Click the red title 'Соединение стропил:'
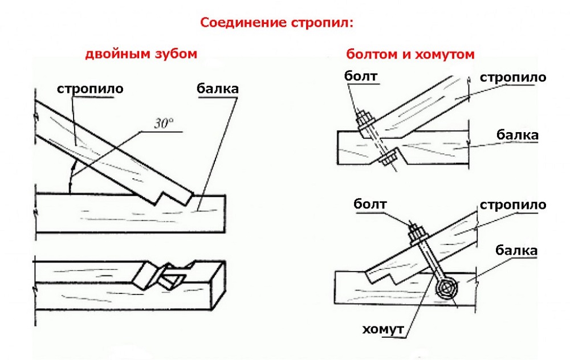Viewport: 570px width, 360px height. pos(276,23)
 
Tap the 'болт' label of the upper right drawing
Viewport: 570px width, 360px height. pos(362,76)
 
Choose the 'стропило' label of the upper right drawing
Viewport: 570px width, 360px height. pos(513,77)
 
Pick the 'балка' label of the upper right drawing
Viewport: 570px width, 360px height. pos(517,135)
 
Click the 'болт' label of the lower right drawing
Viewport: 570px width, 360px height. pos(370,203)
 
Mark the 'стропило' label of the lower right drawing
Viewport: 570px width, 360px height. pos(513,204)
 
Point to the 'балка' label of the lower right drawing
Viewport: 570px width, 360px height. pos(517,250)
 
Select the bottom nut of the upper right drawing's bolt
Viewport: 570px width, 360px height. pos(389,158)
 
